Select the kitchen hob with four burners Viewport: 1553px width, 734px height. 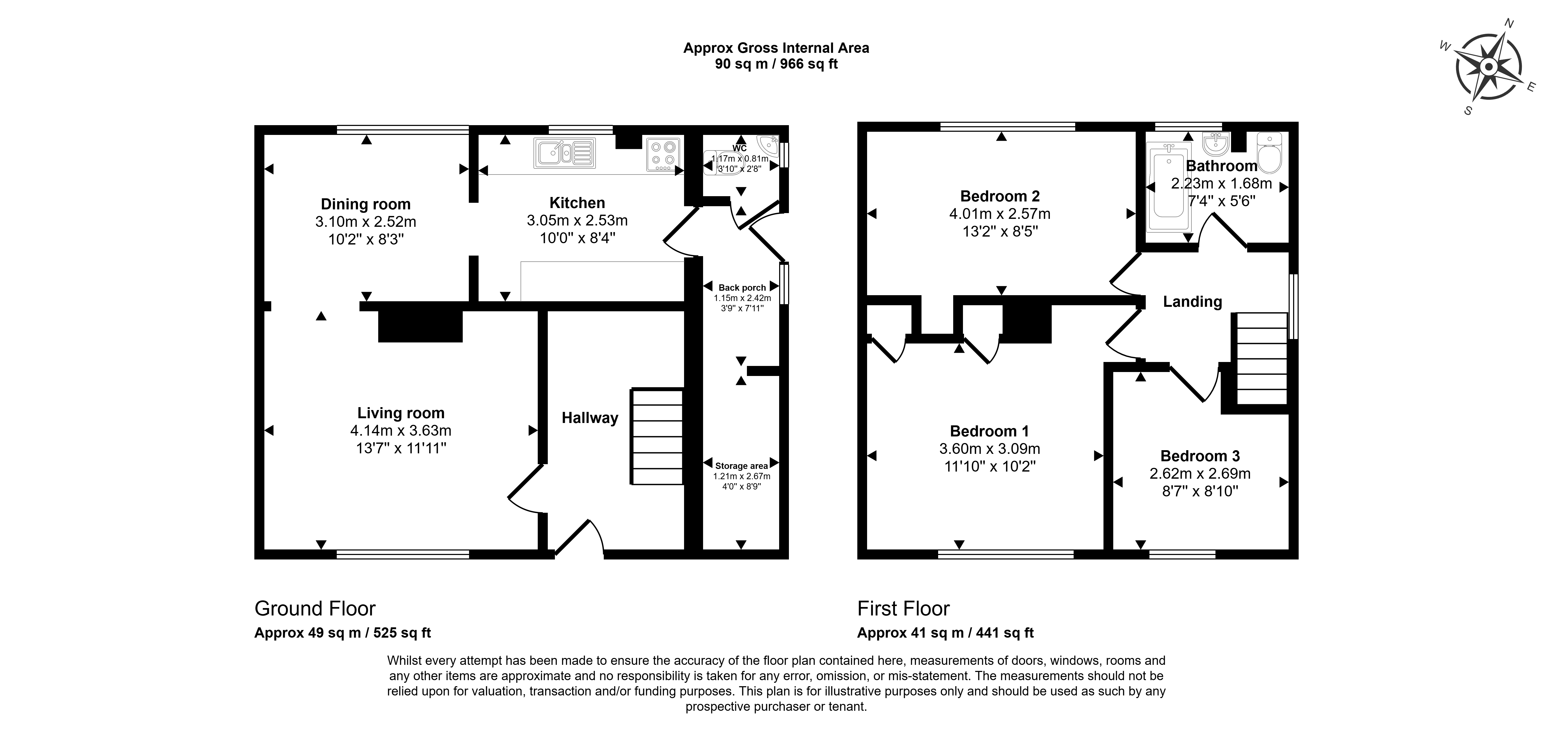tap(664, 154)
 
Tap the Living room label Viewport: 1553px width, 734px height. tap(401, 413)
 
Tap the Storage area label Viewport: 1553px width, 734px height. tap(742, 466)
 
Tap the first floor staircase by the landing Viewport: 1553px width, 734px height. tap(1262, 359)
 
